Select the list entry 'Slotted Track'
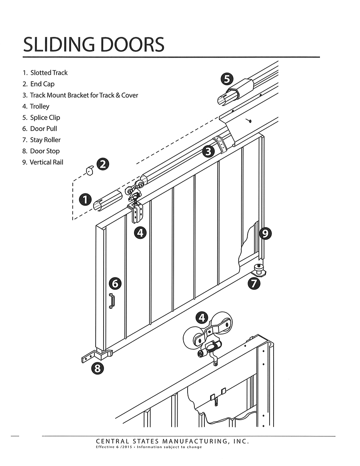49,73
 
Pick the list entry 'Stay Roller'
45,140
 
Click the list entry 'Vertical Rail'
46,163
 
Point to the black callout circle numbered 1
85,199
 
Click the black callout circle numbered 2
104,164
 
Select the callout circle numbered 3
208,151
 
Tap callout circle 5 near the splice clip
227,79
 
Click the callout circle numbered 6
115,284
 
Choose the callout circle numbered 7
254,284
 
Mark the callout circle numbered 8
97,368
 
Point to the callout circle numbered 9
266,233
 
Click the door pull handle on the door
112,301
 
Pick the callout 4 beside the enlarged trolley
202,318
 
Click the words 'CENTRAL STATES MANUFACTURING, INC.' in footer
172,441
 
